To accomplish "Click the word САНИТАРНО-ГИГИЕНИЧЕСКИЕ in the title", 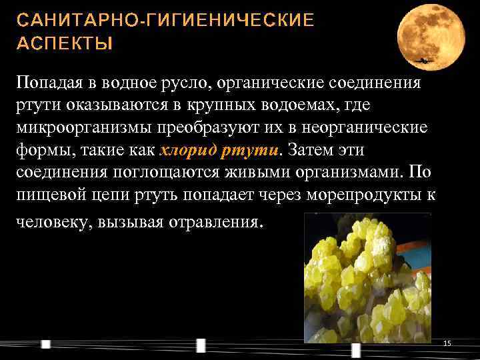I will click(165, 20).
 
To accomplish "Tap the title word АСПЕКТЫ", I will click(65, 44).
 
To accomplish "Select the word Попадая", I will click(47, 83).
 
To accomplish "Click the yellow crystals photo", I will click(367, 277).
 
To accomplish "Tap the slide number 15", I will click(447, 343).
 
